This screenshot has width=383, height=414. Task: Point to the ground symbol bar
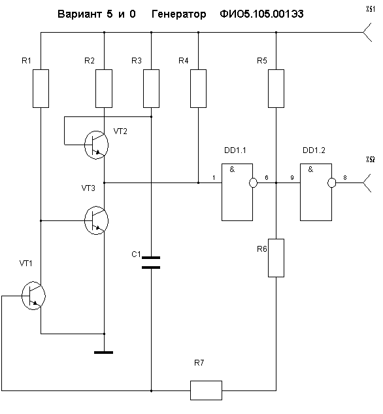[104, 353]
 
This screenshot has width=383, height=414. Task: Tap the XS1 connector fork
[367, 32]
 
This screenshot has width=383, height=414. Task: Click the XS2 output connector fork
[367, 182]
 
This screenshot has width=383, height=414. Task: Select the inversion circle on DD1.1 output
[253, 182]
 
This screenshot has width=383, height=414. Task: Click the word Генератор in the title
[179, 14]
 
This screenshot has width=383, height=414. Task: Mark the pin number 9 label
[292, 178]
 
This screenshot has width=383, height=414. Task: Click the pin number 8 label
[344, 178]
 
